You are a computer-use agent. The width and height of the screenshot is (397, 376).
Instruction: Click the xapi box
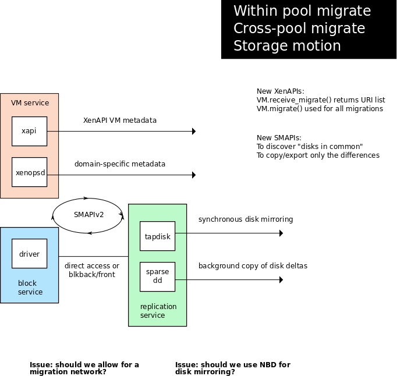coord(29,131)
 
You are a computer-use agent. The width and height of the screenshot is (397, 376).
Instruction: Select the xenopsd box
coord(29,172)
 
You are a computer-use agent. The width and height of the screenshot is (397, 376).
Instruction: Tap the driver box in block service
coord(29,254)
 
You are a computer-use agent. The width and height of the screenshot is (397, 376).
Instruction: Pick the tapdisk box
coord(157,236)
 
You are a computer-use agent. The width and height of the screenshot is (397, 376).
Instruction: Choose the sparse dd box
coord(157,276)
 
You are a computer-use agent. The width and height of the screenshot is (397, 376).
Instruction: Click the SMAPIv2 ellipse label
coord(88,215)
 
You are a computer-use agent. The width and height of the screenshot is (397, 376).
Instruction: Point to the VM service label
coord(30,103)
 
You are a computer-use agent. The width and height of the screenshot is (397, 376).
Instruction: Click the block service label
coord(30,288)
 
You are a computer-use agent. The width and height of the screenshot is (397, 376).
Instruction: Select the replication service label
coord(158,311)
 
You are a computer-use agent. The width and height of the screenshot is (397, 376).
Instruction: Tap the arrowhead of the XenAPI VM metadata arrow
coord(193,132)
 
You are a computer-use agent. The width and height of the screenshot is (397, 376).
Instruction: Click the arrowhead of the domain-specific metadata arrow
coord(193,175)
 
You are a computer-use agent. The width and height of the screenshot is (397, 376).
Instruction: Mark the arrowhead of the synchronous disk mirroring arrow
coord(281,233)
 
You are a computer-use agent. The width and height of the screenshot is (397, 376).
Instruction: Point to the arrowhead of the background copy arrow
coord(281,280)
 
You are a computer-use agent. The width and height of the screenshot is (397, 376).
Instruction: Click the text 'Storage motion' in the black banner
coord(287,46)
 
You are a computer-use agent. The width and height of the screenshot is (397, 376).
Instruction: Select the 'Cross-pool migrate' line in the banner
coord(299,29)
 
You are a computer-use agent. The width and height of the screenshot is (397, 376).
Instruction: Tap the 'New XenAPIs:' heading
coord(281,91)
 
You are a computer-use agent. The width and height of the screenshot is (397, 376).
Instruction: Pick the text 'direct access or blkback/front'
coord(92,270)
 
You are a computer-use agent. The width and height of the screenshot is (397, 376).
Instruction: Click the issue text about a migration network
coord(84,368)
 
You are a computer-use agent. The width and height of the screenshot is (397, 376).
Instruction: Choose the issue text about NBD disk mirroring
coord(232,368)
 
